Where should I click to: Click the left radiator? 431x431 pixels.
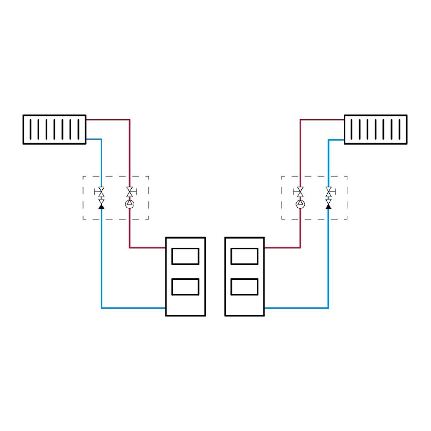click(54, 130)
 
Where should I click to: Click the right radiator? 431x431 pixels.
click(376, 130)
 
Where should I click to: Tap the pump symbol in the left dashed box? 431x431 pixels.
click(130, 204)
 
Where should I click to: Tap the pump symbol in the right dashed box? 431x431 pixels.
click(300, 204)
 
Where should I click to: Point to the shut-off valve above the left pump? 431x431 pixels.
click(130, 192)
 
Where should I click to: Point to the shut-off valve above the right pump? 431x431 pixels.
click(300, 192)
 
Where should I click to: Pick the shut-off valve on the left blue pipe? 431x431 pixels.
click(101, 192)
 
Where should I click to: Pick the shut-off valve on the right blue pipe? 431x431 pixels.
click(328, 192)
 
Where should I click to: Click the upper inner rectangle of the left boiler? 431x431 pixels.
click(185, 256)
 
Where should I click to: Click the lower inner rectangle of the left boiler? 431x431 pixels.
click(185, 287)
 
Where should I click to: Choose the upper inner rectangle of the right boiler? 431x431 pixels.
click(245, 256)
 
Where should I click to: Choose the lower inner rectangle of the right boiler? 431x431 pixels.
click(245, 287)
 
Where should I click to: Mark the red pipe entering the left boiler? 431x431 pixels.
click(147, 247)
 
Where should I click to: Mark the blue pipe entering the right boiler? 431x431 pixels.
click(296, 308)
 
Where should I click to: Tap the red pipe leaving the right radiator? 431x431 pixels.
click(322, 120)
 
